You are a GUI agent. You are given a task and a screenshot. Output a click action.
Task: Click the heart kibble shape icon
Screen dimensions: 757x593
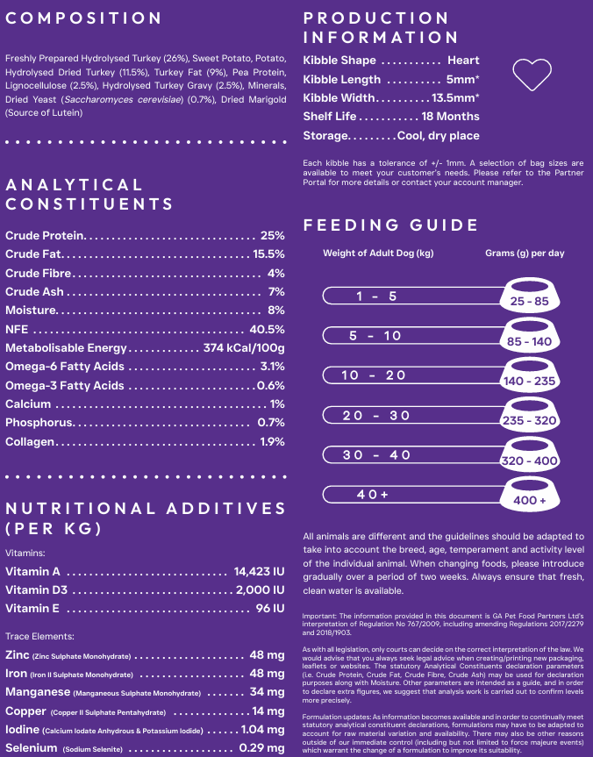point(532,75)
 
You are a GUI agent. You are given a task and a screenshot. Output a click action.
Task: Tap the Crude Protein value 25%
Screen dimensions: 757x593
point(272,236)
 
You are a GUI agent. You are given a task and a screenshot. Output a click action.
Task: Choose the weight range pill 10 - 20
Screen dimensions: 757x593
point(375,375)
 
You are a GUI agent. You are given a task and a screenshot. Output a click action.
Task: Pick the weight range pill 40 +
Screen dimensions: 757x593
point(373,495)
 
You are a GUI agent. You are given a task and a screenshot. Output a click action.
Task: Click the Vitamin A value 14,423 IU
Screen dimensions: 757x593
point(259,572)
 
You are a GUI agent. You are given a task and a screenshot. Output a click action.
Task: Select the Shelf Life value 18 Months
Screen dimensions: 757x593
point(450,117)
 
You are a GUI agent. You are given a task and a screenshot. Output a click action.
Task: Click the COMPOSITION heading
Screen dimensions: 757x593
point(83,18)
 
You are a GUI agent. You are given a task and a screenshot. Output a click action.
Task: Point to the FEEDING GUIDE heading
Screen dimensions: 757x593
point(390,225)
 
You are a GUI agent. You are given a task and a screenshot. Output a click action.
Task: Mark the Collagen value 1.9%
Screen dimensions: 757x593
point(272,442)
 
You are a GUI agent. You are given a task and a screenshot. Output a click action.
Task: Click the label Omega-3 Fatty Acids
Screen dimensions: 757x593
point(64,386)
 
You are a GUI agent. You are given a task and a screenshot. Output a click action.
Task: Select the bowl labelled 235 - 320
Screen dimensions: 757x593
point(529,415)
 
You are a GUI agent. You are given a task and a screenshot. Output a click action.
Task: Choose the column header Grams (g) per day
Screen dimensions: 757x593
point(525,254)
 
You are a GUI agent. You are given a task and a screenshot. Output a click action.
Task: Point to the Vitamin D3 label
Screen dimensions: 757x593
point(36,590)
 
